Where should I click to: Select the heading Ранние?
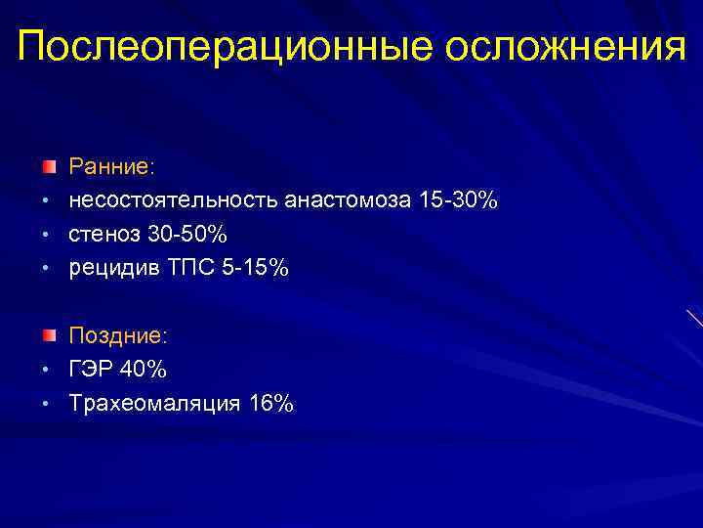pos(111,167)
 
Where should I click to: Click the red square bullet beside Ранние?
pos(48,164)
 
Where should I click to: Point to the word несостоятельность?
pos(173,201)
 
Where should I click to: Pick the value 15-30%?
pos(458,201)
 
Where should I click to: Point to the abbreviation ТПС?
pos(191,268)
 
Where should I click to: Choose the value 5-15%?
pos(256,268)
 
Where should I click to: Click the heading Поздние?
pos(118,335)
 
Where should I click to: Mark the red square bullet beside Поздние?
pos(48,333)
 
